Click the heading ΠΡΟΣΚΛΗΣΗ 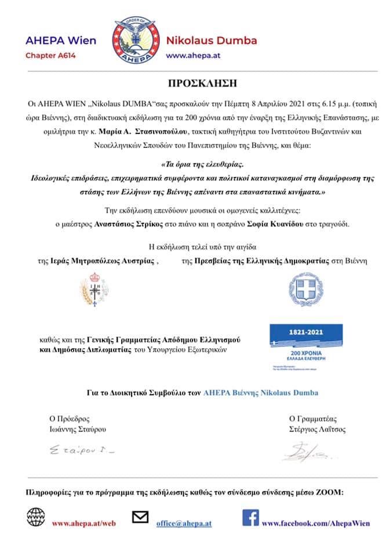[x=193, y=83]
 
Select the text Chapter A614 [x=50, y=56]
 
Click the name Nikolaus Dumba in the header [x=212, y=41]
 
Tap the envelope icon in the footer [x=141, y=517]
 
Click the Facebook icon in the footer [x=250, y=517]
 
